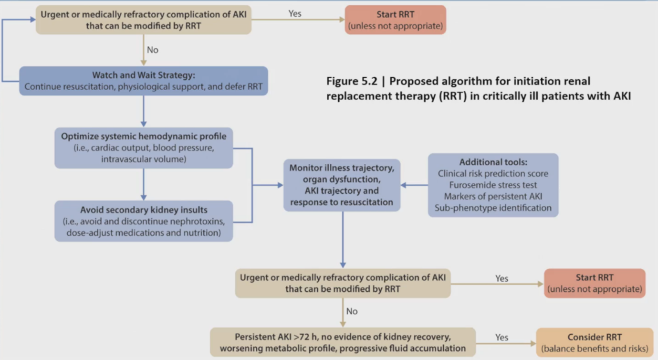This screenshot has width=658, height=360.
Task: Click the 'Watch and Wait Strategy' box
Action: click(143, 81)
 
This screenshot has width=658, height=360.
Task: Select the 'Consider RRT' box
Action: click(595, 342)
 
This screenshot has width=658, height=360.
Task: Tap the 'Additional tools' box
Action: click(493, 185)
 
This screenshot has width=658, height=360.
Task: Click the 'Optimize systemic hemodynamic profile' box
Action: click(144, 148)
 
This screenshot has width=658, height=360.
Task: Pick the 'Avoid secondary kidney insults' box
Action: click(144, 221)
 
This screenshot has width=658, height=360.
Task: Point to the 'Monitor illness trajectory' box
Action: click(342, 185)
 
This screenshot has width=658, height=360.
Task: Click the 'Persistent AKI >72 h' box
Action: click(343, 342)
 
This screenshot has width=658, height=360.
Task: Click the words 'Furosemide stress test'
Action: click(493, 185)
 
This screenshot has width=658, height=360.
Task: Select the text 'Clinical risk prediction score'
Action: click(493, 173)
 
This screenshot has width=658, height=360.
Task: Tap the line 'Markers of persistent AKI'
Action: click(493, 196)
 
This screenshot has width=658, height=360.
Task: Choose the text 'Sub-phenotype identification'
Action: click(493, 208)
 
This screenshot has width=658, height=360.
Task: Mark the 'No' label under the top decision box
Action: click(153, 50)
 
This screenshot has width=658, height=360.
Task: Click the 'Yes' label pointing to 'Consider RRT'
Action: click(501, 337)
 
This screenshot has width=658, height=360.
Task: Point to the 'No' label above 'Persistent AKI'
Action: click(352, 311)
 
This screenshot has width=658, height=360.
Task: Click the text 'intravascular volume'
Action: click(144, 159)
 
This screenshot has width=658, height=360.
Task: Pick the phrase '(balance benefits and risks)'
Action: click(595, 348)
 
